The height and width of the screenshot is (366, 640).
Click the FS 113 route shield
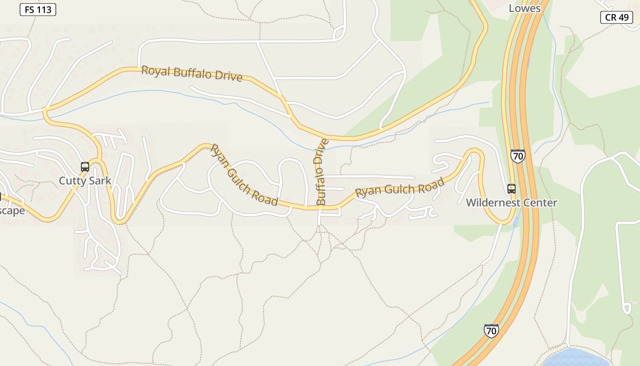tap(38, 9)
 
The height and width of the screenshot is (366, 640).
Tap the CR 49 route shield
tap(616, 17)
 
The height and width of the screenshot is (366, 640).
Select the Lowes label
tap(524, 8)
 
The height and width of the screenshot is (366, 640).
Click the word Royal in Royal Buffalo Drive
tap(155, 71)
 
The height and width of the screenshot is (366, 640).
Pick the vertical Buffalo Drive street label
tap(321, 172)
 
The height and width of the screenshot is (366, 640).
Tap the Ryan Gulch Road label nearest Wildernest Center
tap(400, 188)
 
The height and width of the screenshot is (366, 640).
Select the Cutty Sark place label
tap(85, 181)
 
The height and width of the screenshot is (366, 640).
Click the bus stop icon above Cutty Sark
tap(85, 167)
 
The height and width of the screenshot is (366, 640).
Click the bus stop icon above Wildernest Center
tap(511, 188)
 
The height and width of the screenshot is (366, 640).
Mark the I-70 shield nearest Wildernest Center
tap(518, 156)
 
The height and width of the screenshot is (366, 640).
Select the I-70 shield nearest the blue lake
tap(491, 330)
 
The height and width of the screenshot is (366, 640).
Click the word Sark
tap(100, 181)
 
